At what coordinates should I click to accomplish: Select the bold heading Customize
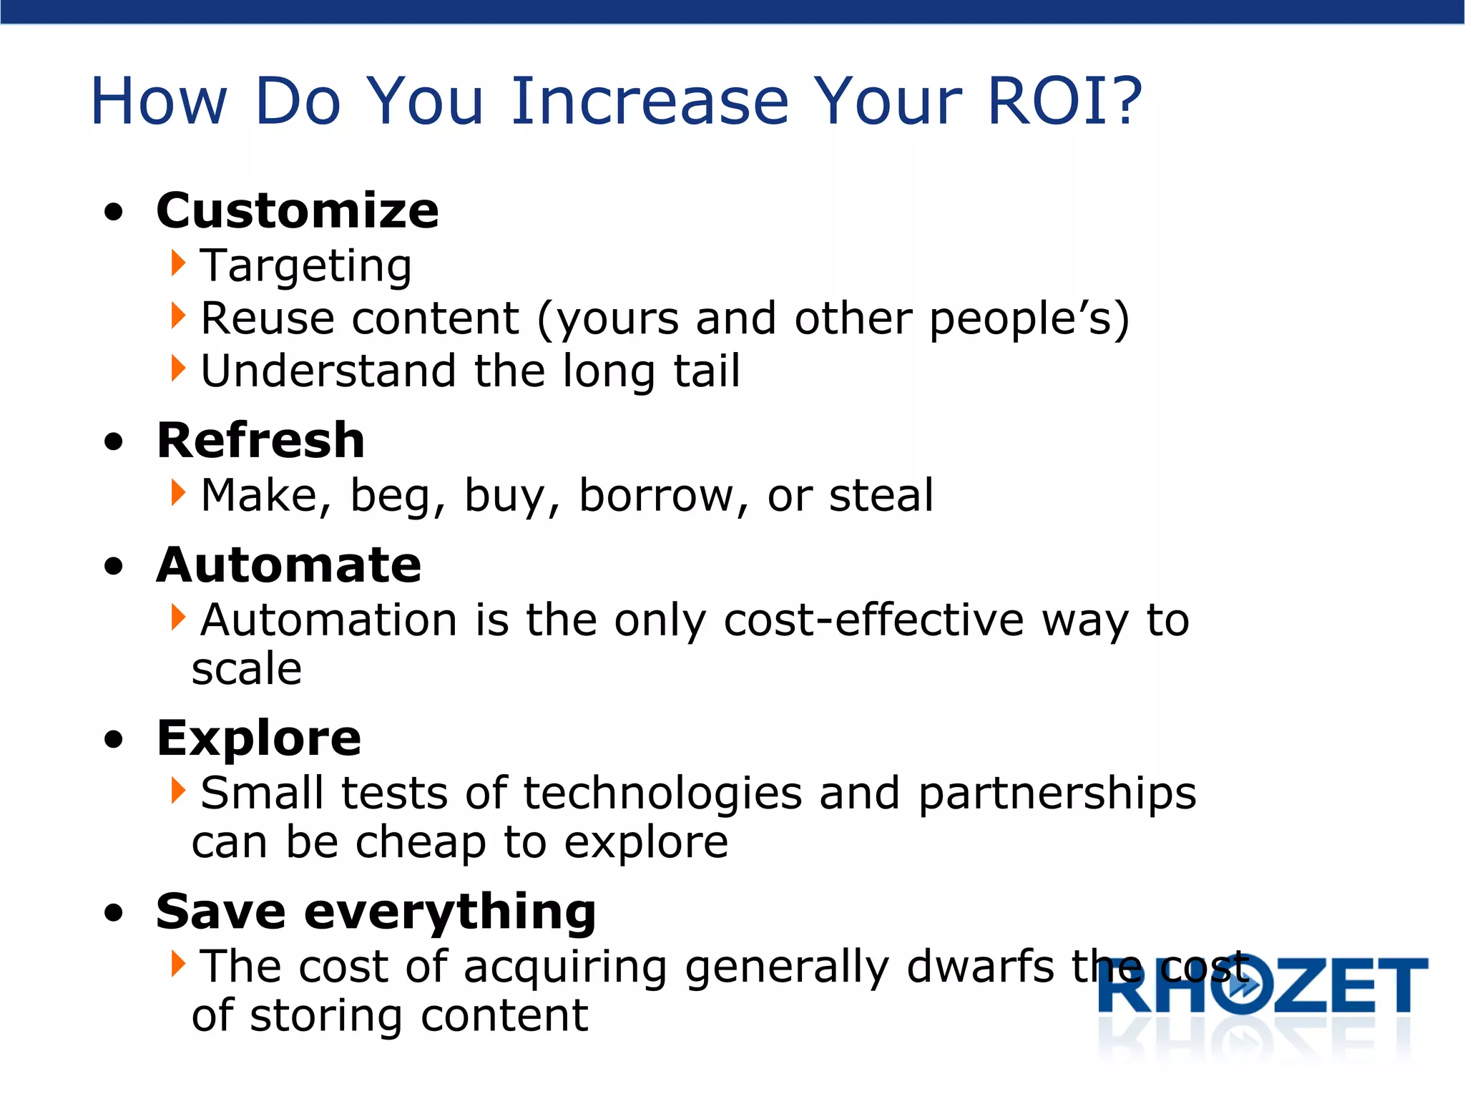pos(298,212)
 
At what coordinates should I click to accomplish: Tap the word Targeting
pos(306,266)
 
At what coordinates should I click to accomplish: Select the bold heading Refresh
pos(261,441)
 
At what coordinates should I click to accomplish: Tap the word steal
pos(881,495)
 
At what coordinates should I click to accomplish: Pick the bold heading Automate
pos(289,565)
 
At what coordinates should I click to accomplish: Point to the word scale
pos(247,669)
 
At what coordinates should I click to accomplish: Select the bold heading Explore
pos(259,738)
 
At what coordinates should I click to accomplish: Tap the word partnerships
pos(1057,794)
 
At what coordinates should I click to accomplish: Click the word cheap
pos(421,843)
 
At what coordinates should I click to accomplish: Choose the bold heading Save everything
pos(376,912)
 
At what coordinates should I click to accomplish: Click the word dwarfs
pos(980,967)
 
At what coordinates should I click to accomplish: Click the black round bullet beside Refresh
pos(113,442)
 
